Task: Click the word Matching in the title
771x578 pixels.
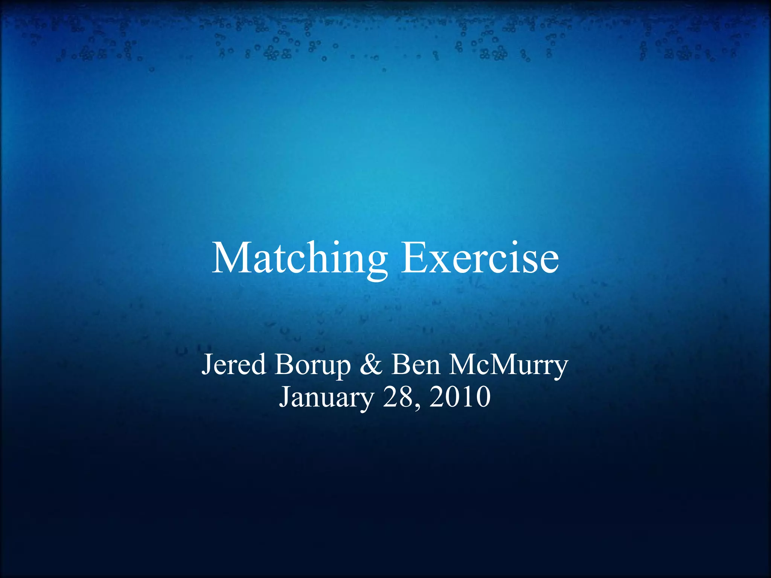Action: [299, 259]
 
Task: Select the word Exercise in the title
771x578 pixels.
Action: [480, 259]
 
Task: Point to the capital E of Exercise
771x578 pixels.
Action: [413, 259]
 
